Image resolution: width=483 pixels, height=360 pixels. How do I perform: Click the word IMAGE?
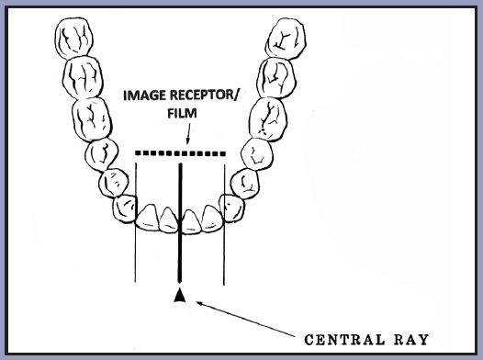[145, 96]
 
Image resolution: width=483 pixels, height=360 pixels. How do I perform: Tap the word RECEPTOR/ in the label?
[204, 96]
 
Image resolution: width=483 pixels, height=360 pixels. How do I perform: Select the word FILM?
[182, 113]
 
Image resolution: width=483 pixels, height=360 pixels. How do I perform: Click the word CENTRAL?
[344, 340]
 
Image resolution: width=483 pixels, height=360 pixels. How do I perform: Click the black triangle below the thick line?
[180, 295]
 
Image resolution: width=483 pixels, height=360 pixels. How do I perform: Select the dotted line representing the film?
[181, 153]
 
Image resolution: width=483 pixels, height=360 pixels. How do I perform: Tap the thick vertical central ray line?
[180, 223]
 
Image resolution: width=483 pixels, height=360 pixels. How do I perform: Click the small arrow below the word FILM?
[188, 133]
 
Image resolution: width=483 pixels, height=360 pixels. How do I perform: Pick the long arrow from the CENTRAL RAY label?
[245, 320]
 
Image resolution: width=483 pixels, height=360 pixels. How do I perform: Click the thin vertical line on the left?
[135, 222]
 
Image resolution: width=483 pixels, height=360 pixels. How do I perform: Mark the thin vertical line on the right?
[224, 225]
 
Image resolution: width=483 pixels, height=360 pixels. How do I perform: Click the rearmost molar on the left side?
[74, 39]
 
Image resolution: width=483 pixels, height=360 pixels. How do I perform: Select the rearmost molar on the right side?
[286, 39]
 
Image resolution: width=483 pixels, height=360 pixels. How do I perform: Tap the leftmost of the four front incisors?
[148, 218]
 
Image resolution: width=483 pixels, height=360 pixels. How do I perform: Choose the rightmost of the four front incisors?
[212, 219]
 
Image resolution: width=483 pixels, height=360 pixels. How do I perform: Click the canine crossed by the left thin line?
[125, 208]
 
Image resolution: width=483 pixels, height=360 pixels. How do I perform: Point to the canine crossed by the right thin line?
[232, 208]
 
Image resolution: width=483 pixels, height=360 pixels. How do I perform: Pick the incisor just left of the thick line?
[168, 219]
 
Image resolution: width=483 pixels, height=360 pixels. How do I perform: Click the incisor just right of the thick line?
[192, 221]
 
